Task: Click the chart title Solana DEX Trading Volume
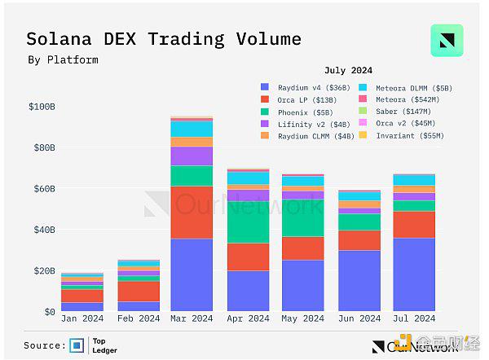(x=163, y=39)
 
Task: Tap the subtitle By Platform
(x=63, y=59)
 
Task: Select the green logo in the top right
(x=447, y=40)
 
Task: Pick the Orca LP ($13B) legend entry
(x=298, y=99)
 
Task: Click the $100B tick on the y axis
(x=42, y=107)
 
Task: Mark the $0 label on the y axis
(x=49, y=312)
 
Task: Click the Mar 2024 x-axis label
(x=192, y=318)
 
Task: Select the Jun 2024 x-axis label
(x=358, y=318)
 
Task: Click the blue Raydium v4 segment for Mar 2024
(x=192, y=274)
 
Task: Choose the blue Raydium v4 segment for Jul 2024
(x=413, y=274)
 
